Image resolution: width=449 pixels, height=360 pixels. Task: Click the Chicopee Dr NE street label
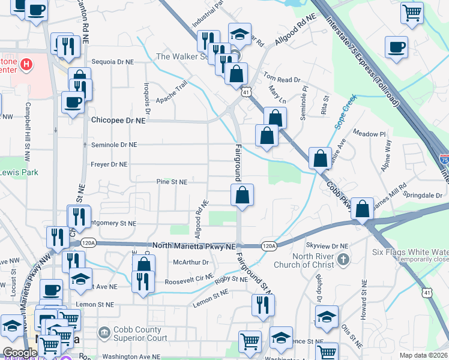click(118, 120)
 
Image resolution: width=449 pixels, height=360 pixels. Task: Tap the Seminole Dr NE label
click(114, 145)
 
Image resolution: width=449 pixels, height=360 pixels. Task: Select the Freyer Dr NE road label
click(109, 164)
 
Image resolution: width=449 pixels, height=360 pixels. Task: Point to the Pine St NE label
click(172, 181)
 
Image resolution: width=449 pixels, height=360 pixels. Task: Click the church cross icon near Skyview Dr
click(343, 259)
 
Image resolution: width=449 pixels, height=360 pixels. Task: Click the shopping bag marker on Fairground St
click(242, 196)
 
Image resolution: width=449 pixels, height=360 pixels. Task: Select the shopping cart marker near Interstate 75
click(412, 12)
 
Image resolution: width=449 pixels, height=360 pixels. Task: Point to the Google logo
click(20, 353)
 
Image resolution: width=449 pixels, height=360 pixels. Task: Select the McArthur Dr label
click(190, 262)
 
